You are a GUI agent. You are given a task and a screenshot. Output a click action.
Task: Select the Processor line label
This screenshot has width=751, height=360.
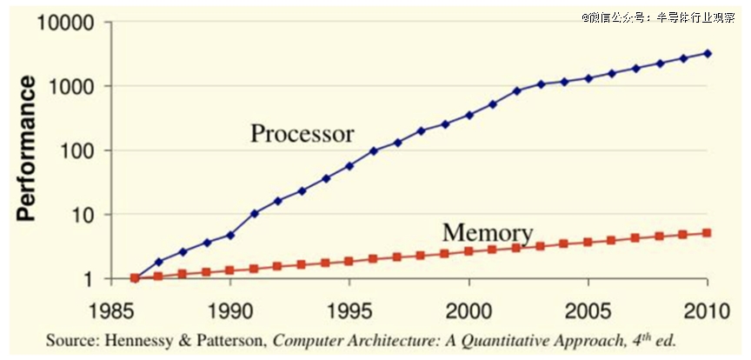(302, 134)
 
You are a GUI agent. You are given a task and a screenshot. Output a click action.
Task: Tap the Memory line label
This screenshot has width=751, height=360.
(487, 233)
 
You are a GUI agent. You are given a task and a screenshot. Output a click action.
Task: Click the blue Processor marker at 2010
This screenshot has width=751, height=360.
(708, 53)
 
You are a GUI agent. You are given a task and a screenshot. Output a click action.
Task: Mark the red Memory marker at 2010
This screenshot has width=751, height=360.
(708, 233)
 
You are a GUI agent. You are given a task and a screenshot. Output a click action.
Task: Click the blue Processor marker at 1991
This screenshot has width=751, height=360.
(255, 213)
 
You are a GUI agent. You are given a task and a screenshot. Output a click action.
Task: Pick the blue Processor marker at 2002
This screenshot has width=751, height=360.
(517, 90)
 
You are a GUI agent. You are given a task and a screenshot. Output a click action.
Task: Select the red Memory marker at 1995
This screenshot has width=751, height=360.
(349, 261)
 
